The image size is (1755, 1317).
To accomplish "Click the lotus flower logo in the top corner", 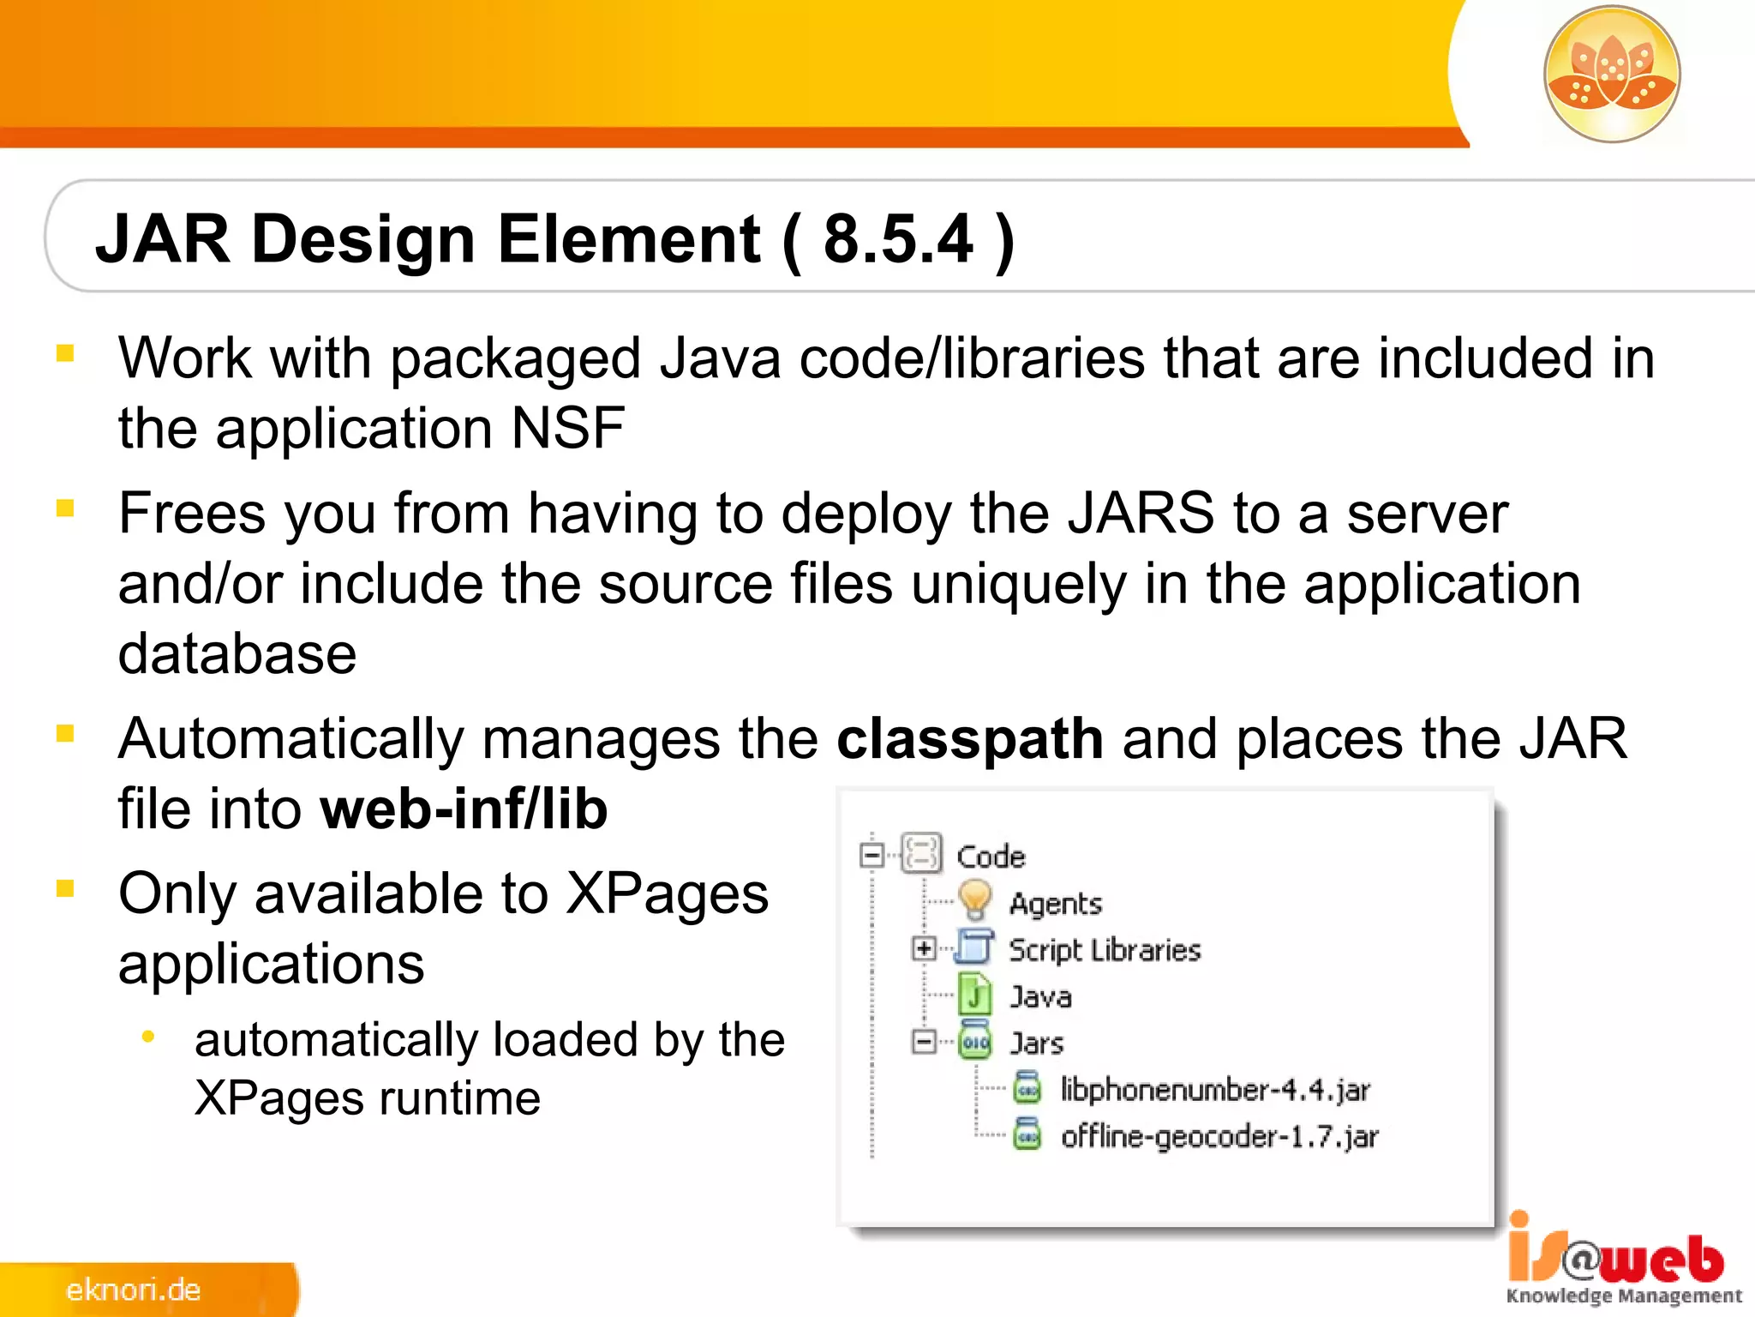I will pyautogui.click(x=1612, y=75).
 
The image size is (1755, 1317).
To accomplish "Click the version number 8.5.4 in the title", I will pyautogui.click(x=897, y=239).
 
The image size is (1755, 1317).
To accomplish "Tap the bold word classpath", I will pyautogui.click(x=969, y=739).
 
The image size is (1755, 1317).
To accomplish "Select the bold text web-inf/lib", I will pyautogui.click(x=464, y=809).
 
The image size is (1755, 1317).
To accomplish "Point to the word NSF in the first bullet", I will pyautogui.click(x=567, y=429).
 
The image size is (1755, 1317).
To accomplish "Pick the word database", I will pyautogui.click(x=237, y=655).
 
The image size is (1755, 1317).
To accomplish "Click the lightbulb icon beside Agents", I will pyautogui.click(x=974, y=901).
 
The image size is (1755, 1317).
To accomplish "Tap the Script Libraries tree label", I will pyautogui.click(x=1105, y=950).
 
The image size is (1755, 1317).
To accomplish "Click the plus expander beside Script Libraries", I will pyautogui.click(x=923, y=948).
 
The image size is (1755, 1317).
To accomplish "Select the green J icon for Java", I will pyautogui.click(x=974, y=995).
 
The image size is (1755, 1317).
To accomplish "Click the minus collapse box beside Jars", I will pyautogui.click(x=923, y=1042).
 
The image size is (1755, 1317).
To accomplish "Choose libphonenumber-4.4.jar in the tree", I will pyautogui.click(x=1214, y=1090).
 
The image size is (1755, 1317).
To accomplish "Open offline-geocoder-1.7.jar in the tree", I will pyautogui.click(x=1219, y=1137).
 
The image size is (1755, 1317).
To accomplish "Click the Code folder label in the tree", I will pyautogui.click(x=991, y=857).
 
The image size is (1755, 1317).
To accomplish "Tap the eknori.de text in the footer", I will pyautogui.click(x=134, y=1290).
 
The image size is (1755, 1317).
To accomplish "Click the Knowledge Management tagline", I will pyautogui.click(x=1624, y=1296).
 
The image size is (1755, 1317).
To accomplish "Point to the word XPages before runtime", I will pyautogui.click(x=277, y=1099).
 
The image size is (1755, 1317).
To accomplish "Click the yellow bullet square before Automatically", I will pyautogui.click(x=65, y=733).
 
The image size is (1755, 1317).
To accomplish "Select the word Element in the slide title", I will pyautogui.click(x=628, y=239).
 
